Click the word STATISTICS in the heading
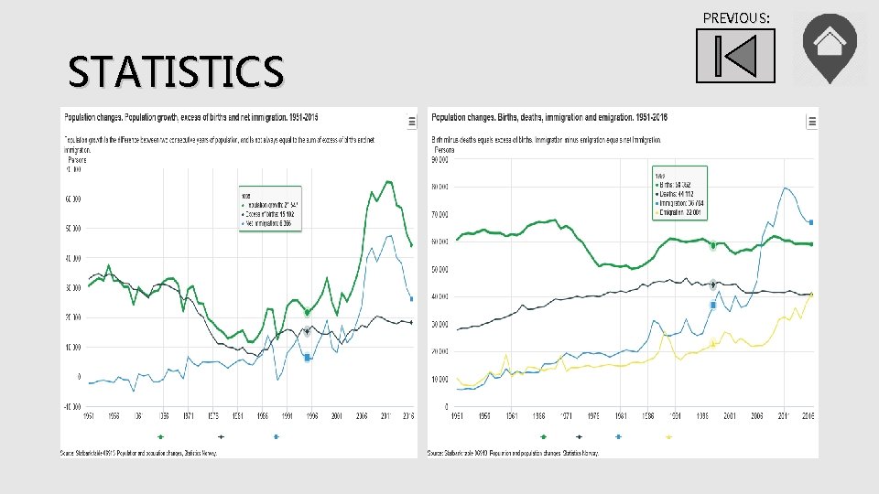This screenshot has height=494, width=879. pyautogui.click(x=176, y=71)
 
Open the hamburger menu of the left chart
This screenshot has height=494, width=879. pyautogui.click(x=411, y=121)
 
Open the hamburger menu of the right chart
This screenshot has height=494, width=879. pyautogui.click(x=811, y=121)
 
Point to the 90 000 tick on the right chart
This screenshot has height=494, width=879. pyautogui.click(x=440, y=159)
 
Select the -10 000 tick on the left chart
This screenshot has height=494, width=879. pyautogui.click(x=71, y=406)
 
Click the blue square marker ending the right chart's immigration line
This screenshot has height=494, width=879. pyautogui.click(x=810, y=221)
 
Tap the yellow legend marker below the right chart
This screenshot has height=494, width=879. pyautogui.click(x=668, y=437)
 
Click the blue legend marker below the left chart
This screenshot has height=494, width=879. pyautogui.click(x=276, y=437)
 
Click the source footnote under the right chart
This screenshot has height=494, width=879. pyautogui.click(x=513, y=453)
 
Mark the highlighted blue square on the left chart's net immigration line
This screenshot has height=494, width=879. pyautogui.click(x=308, y=358)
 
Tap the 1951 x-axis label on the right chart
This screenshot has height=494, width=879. pyautogui.click(x=457, y=415)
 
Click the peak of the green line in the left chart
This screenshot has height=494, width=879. pyautogui.click(x=389, y=181)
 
